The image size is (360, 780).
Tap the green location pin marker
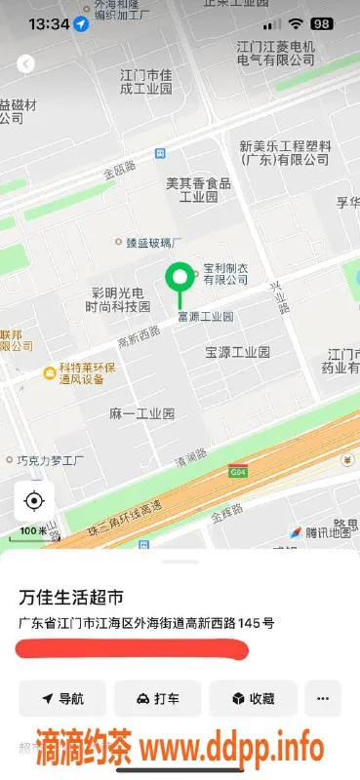[179, 280]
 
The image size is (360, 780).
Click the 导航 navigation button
[61, 698]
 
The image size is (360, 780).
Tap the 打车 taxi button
[157, 698]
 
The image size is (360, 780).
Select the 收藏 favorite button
[252, 698]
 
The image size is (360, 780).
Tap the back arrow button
[26, 63]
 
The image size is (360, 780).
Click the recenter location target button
[34, 501]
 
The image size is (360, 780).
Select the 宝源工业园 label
[237, 351]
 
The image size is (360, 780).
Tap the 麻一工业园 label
[141, 413]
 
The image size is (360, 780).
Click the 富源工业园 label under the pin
[205, 317]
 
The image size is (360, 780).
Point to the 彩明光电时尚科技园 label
[118, 299]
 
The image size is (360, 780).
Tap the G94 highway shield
[237, 471]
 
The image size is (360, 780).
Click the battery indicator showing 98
[320, 22]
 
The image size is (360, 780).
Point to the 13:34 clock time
[49, 22]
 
